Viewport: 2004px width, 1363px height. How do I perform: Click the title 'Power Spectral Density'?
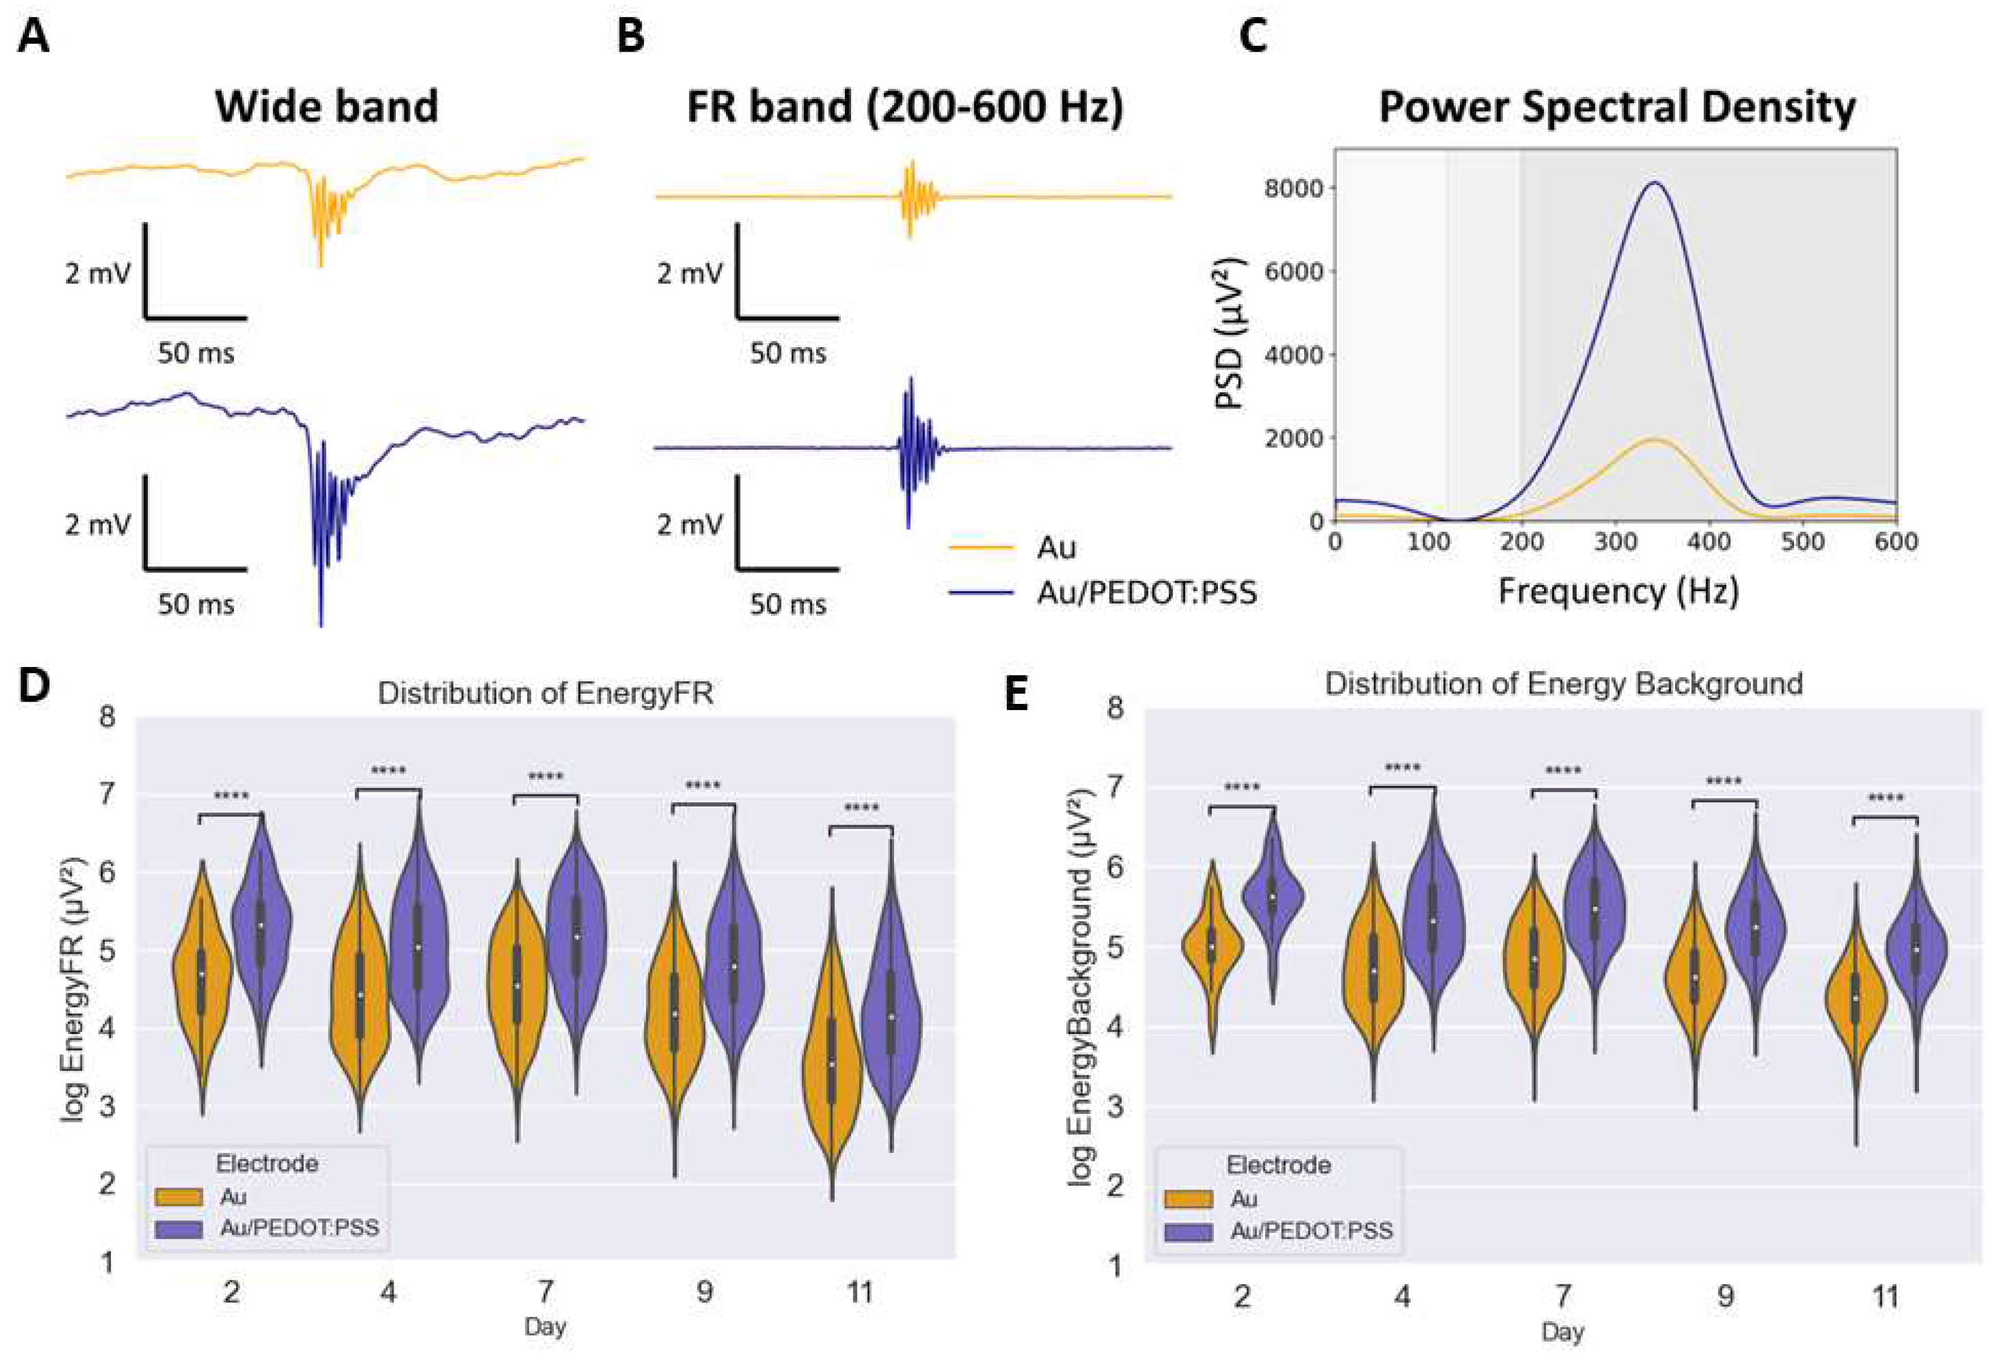click(1617, 108)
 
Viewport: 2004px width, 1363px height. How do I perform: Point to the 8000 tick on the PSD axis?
click(1293, 188)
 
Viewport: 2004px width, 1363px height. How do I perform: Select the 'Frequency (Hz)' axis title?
click(1618, 591)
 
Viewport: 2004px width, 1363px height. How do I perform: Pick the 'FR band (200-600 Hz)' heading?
click(905, 108)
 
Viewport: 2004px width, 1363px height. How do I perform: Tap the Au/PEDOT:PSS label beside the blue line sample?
click(1146, 593)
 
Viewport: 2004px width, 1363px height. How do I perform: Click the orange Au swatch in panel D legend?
click(178, 1197)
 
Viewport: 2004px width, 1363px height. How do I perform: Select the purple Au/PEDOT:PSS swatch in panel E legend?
click(1188, 1231)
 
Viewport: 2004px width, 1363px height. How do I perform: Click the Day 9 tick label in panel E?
click(1725, 1296)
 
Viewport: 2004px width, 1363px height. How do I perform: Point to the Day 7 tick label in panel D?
click(546, 1292)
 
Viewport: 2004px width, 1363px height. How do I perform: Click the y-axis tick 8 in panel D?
click(107, 716)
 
